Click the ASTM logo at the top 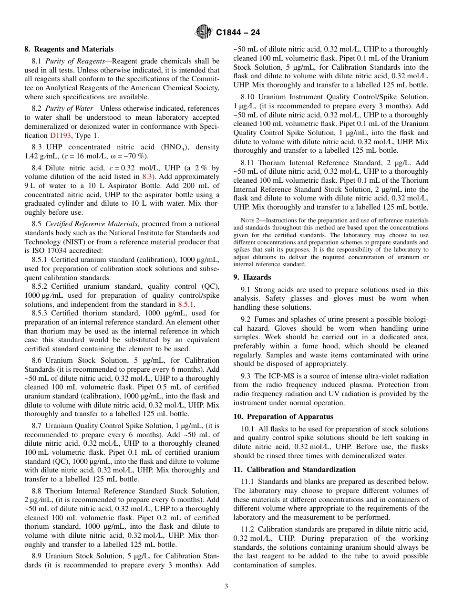click(203, 32)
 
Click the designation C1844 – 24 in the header click(238, 33)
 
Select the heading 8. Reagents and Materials click(69, 49)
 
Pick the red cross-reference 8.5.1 click(186, 304)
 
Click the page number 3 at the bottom click(226, 586)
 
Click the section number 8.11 click(248, 163)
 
